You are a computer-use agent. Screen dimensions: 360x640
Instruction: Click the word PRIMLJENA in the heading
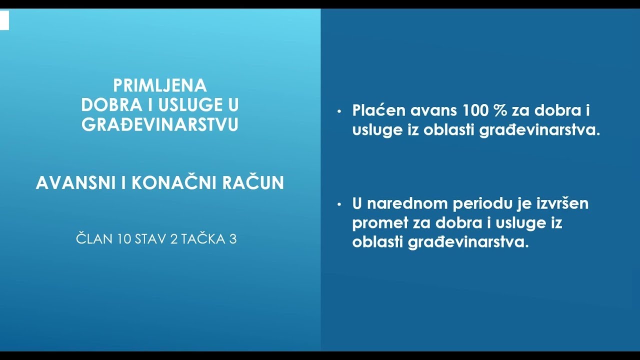(x=160, y=85)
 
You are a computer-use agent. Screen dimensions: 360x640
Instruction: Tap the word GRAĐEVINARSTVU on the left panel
(x=160, y=124)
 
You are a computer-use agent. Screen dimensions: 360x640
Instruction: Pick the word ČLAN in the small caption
(x=94, y=239)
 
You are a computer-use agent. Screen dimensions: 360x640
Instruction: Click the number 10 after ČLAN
(x=124, y=239)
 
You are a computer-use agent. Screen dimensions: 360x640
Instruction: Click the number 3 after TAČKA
(x=232, y=239)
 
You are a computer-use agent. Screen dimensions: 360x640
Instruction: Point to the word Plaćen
(x=378, y=110)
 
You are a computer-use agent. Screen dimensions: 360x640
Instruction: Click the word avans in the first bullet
(x=435, y=110)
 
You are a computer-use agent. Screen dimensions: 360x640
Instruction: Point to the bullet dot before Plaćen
(x=340, y=111)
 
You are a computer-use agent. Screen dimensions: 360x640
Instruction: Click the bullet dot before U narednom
(x=340, y=204)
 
